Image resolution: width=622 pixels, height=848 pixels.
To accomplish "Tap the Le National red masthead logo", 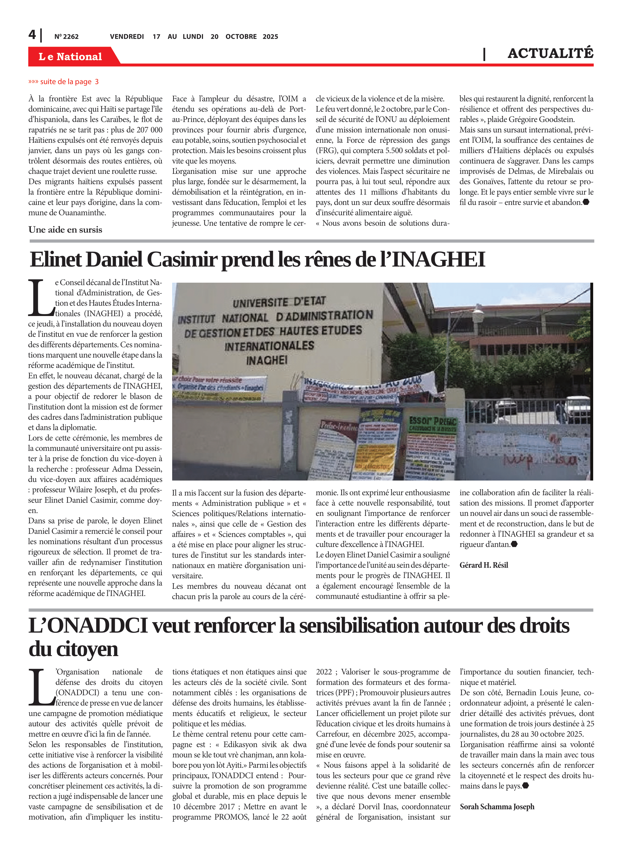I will click(70, 57).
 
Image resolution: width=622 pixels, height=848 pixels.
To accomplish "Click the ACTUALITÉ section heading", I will click(550, 53).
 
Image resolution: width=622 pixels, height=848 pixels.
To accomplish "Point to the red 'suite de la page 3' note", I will click(64, 82).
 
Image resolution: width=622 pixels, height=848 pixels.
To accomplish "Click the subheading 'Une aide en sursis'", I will click(65, 230).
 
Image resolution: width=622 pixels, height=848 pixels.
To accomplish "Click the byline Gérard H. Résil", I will click(483, 565).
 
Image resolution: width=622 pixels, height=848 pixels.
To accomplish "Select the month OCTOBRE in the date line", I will click(241, 36).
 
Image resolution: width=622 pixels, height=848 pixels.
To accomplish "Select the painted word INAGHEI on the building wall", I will click(267, 360).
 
